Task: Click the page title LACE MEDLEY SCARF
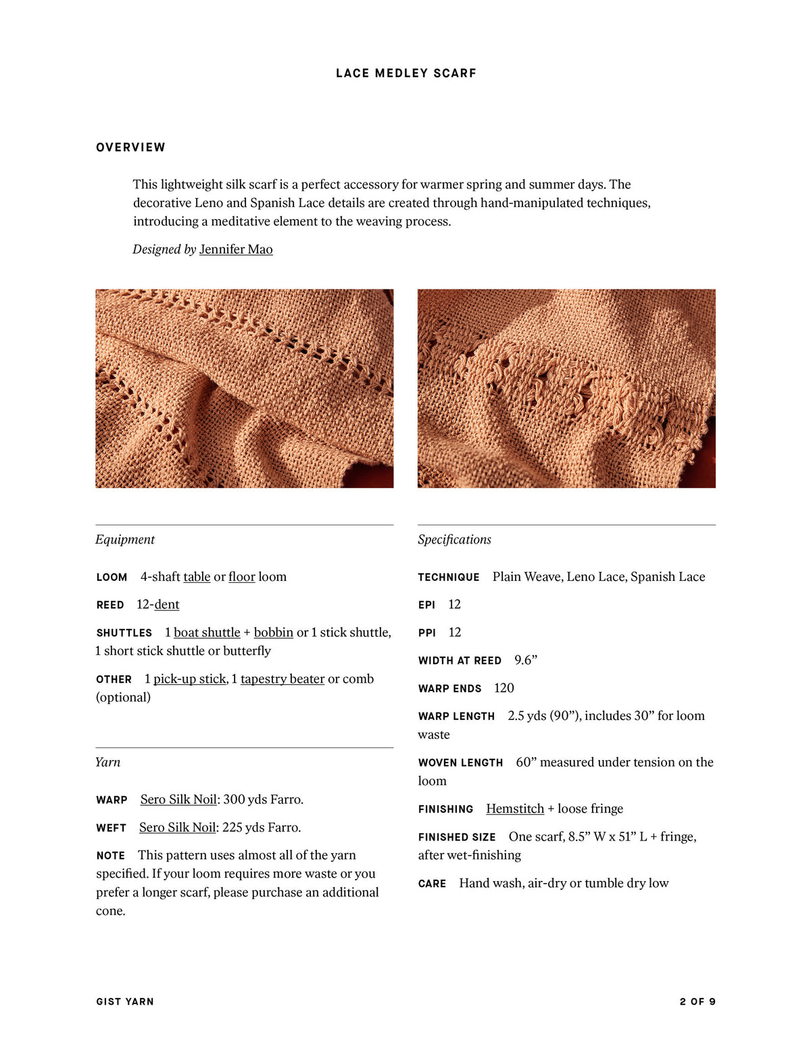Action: [405, 73]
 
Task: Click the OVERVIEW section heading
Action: [130, 147]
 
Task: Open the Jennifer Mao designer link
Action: [236, 249]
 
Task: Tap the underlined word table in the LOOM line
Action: [197, 577]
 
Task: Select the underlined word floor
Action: [241, 577]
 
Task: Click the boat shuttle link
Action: [207, 632]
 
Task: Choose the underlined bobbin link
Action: [273, 632]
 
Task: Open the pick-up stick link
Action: [189, 679]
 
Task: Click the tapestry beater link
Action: [282, 679]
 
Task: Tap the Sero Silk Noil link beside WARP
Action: [178, 799]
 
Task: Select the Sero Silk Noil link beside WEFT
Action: [177, 828]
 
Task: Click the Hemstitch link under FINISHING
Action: [515, 809]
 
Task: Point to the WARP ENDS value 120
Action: [504, 688]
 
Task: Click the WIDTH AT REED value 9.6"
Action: [526, 660]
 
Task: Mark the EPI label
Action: [426, 605]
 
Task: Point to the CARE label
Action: [432, 884]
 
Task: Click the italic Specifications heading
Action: [454, 540]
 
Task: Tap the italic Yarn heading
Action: [107, 762]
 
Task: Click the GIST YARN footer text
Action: [125, 1001]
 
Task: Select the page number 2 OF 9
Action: [697, 1001]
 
